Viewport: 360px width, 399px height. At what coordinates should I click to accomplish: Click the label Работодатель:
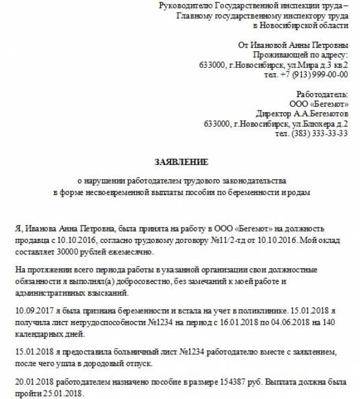(x=322, y=95)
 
